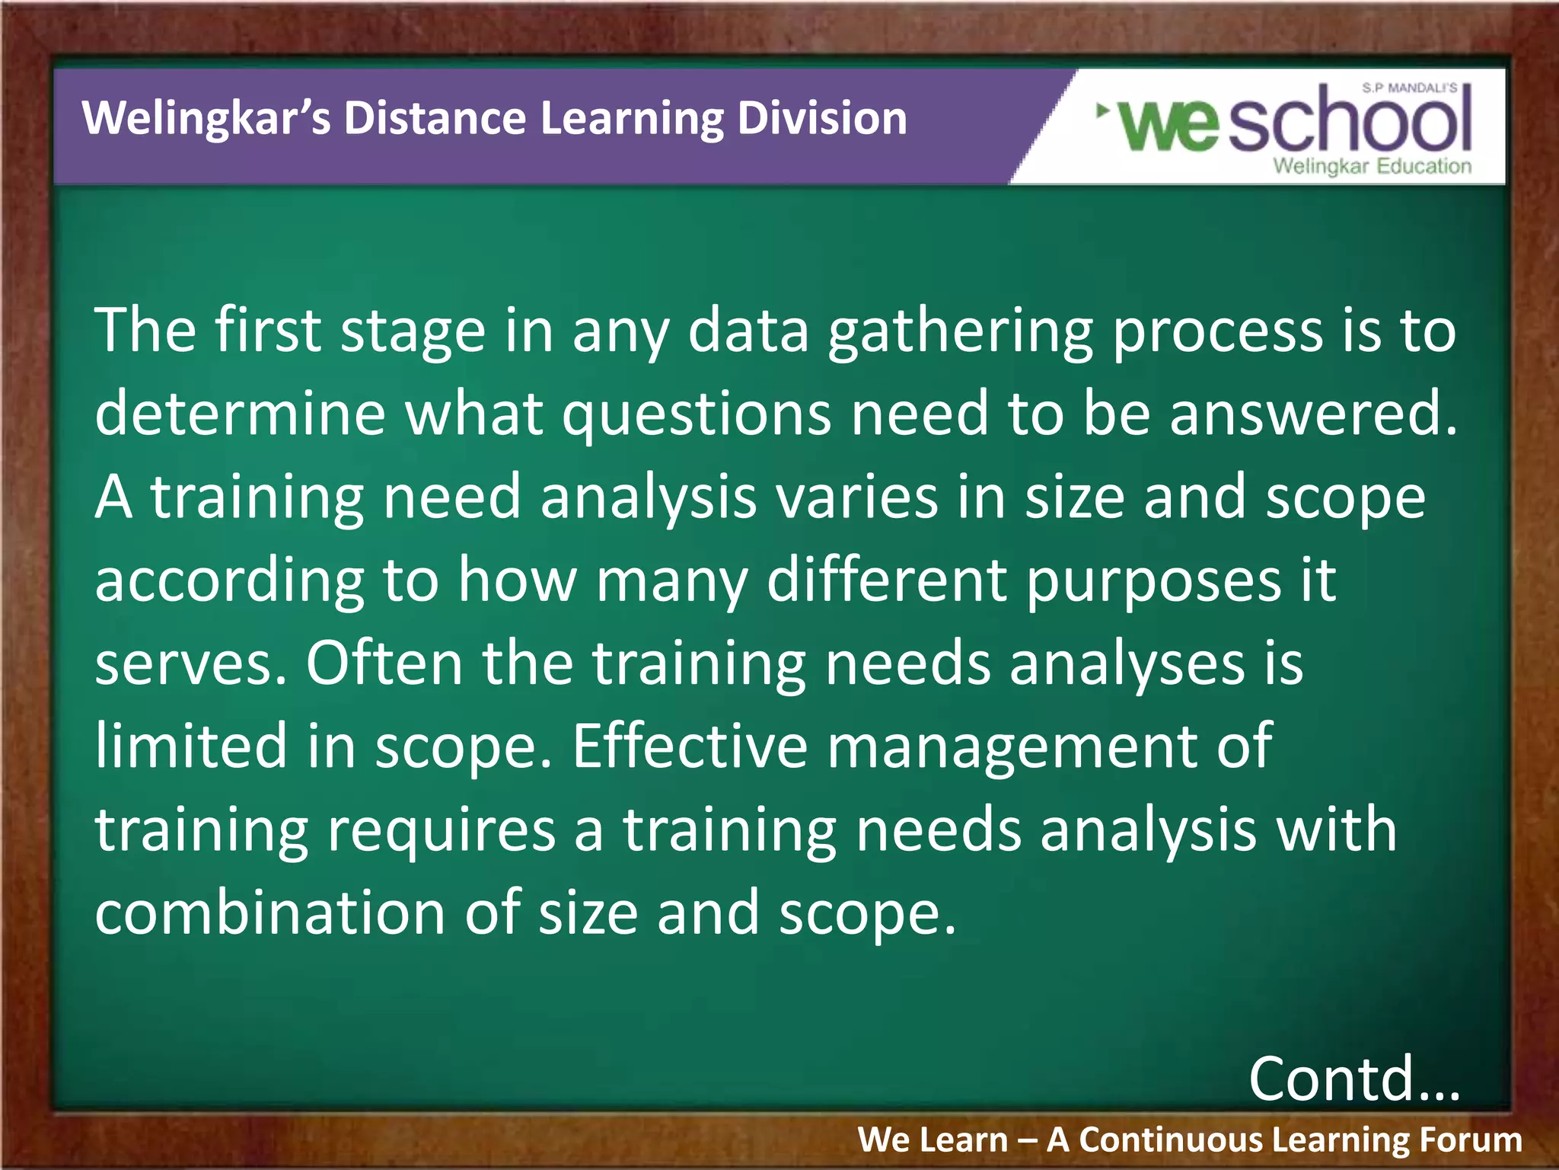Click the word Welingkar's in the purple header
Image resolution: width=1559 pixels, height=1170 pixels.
206,119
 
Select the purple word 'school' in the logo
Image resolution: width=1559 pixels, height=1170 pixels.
1349,120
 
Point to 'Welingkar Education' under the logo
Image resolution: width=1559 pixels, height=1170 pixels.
1372,166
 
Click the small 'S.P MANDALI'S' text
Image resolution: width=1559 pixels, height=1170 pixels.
1409,88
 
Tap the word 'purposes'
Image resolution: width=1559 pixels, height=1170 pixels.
1153,580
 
